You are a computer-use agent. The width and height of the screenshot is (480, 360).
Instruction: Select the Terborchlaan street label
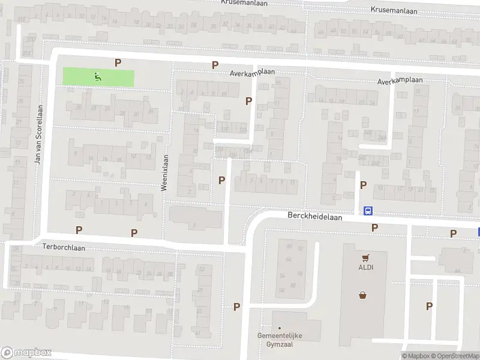(x=64, y=247)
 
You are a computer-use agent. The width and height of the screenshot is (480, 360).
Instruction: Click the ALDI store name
(x=366, y=268)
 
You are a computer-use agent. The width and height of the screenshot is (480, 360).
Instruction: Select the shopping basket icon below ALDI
(x=363, y=295)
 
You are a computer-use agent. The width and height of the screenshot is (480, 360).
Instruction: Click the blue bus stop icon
(x=367, y=211)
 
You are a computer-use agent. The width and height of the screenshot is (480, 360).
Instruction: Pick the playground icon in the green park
(x=97, y=76)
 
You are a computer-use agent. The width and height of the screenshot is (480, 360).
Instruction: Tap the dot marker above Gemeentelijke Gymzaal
(x=279, y=328)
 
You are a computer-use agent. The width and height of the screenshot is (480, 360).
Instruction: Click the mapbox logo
(x=26, y=353)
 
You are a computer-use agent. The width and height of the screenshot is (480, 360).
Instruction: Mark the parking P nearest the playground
(x=118, y=62)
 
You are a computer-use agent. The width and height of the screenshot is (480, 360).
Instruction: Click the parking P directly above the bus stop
(x=363, y=185)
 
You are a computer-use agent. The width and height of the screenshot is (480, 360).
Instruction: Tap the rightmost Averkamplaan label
(x=400, y=81)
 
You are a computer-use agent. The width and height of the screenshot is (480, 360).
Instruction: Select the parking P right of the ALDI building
(x=429, y=306)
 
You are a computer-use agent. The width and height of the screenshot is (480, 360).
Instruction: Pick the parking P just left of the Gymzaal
(x=236, y=307)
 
